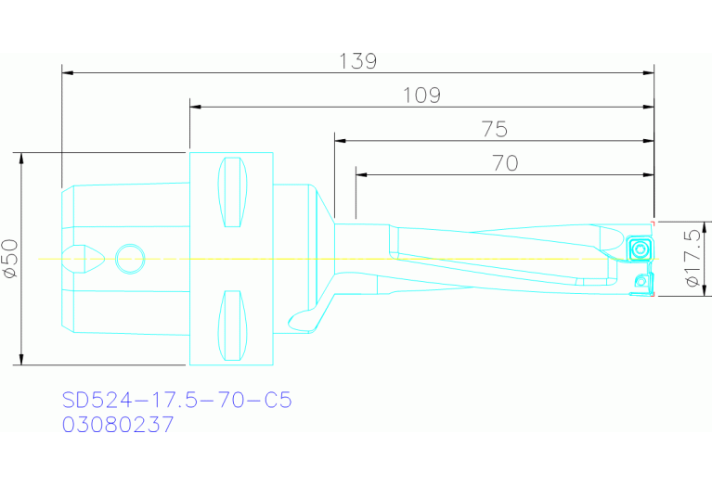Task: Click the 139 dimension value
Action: pyautogui.click(x=358, y=61)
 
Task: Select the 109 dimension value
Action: pyautogui.click(x=421, y=95)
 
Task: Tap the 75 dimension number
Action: pyautogui.click(x=495, y=129)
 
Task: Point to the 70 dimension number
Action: pyautogui.click(x=504, y=163)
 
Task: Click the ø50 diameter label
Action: pyautogui.click(x=10, y=259)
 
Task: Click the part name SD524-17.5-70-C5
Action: pyautogui.click(x=176, y=401)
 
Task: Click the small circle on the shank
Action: pyautogui.click(x=130, y=259)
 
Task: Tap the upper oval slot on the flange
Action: pyautogui.click(x=232, y=192)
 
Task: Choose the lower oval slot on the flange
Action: pyautogui.click(x=232, y=325)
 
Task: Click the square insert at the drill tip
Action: pyautogui.click(x=638, y=249)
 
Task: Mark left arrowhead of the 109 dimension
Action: pyautogui.click(x=195, y=106)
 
